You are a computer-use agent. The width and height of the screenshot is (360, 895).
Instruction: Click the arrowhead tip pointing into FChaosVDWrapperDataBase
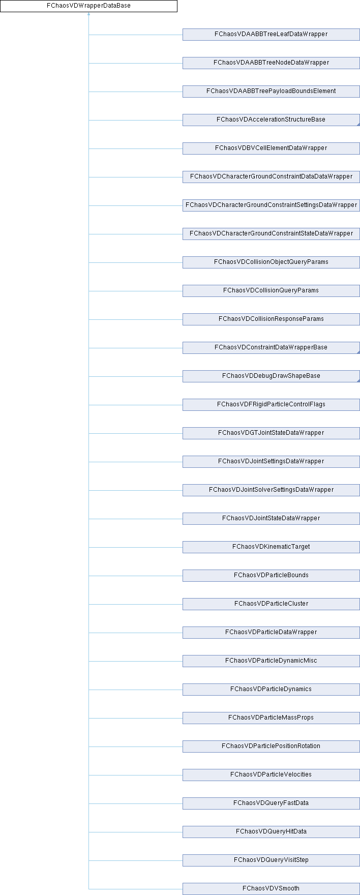pos(89,13)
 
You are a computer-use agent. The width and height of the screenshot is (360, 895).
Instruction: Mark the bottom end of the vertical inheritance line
pos(89,889)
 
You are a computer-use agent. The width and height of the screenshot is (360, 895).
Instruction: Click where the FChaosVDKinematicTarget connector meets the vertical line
pos(89,547)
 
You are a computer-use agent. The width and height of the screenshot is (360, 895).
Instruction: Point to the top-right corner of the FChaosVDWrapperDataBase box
pos(177,0)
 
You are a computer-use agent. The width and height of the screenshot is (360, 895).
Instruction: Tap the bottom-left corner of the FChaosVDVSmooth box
pos(183,894)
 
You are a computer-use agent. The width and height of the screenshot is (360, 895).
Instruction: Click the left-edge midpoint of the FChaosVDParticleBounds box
pos(183,576)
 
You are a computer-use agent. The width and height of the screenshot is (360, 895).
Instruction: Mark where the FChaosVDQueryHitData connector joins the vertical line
pos(89,832)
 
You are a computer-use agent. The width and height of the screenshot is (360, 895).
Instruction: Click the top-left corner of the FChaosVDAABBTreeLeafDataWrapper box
pos(183,28)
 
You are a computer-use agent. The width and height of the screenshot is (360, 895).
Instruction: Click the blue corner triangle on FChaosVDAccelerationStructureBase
pos(358,124)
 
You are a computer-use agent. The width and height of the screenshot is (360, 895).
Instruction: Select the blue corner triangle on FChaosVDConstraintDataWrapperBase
pos(358,352)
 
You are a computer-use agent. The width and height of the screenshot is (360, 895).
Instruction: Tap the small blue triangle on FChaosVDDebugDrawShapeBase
pos(358,380)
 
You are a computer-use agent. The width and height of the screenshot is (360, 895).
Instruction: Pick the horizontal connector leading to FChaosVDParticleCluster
pos(136,604)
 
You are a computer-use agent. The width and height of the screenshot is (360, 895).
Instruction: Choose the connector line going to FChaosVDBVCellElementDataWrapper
pos(136,148)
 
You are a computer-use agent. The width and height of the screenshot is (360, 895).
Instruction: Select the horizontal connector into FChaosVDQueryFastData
pos(136,803)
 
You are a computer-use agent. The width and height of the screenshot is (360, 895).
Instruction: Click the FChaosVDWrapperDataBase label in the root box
pos(88,6)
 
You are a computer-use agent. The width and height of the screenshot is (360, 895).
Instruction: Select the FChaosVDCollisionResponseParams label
pos(271,319)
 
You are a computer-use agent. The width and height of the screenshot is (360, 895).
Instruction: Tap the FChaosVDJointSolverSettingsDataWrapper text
pos(271,490)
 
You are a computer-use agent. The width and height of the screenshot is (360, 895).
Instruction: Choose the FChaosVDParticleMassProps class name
pos(271,718)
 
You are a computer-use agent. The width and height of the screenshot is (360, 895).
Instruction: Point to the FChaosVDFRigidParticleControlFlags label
pos(271,404)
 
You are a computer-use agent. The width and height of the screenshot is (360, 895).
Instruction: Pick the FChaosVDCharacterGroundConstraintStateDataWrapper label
pos(271,233)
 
